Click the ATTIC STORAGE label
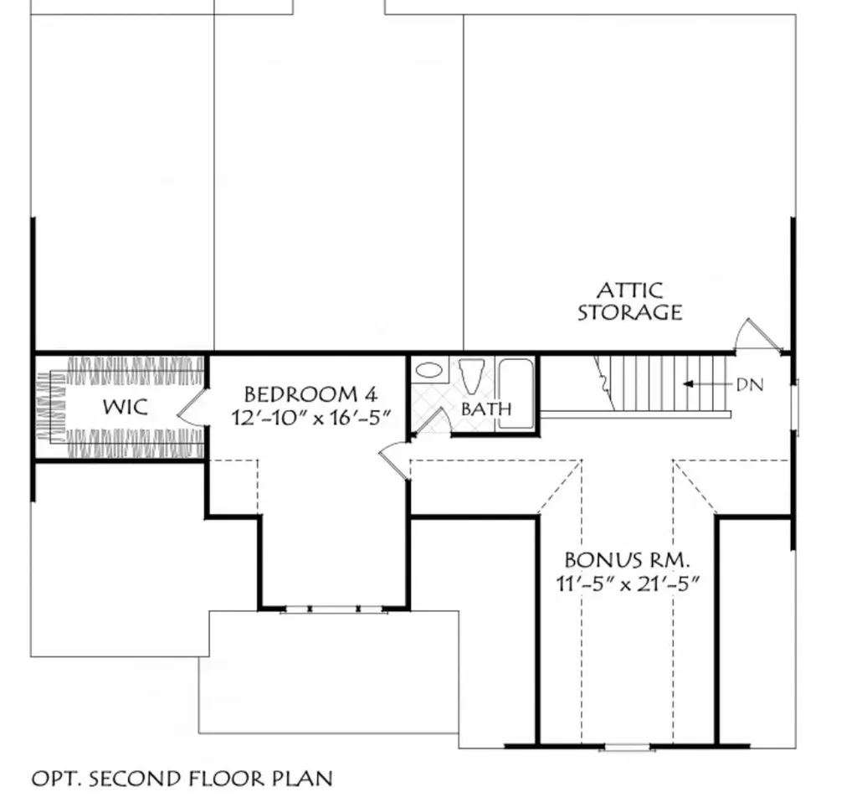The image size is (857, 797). coord(630,301)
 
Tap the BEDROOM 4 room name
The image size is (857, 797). coord(310,394)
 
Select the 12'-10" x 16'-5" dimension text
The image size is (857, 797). coord(311,419)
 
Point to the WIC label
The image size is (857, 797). coord(126,407)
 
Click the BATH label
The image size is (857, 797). coord(486,409)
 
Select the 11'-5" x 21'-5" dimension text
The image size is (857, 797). coord(628,584)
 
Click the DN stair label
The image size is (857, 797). coord(749,385)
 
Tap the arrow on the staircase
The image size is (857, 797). coord(707,384)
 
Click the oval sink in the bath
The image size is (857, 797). coord(429,371)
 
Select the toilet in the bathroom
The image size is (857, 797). coord(471,375)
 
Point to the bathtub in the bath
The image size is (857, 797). coord(516,393)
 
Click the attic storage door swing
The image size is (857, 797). coord(757,335)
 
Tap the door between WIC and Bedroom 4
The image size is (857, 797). coord(192,407)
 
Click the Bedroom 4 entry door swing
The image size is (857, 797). coord(393,460)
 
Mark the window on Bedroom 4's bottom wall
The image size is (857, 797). coord(334,609)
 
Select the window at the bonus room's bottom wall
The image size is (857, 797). coord(627,747)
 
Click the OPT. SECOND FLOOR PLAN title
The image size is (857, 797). coord(182,779)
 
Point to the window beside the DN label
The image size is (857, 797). coord(796,407)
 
